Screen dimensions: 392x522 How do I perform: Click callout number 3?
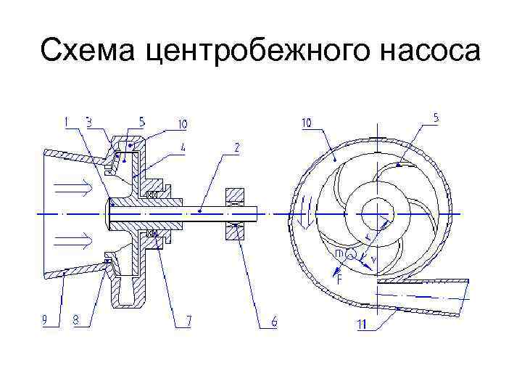[89, 123]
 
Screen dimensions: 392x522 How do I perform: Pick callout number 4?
[183, 146]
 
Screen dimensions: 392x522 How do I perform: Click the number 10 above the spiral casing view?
[307, 123]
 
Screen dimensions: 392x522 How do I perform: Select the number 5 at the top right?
[436, 117]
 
